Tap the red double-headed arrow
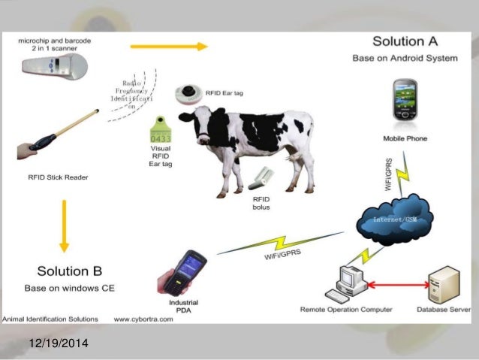[398, 285]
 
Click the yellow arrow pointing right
[168, 47]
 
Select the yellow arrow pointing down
[64, 225]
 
